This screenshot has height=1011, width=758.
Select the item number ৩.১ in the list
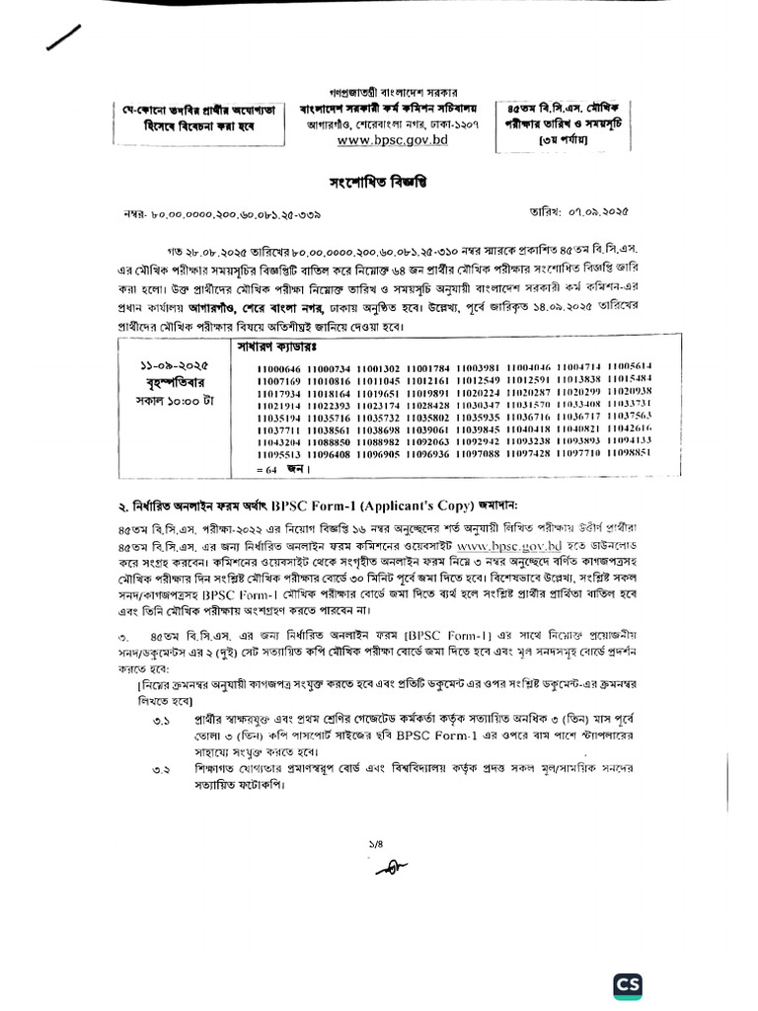tap(161, 724)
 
